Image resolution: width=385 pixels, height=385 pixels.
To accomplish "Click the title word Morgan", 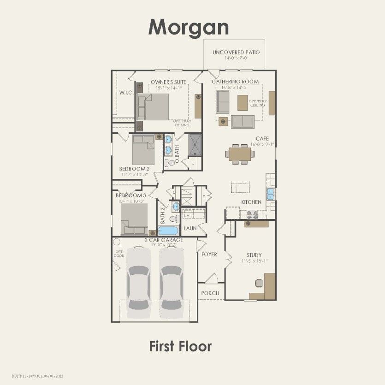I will (189, 27).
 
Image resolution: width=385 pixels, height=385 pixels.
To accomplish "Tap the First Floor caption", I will (180, 346).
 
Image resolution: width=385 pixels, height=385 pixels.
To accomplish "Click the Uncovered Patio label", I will (236, 53).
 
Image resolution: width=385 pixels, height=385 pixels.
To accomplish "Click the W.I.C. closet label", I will (126, 93).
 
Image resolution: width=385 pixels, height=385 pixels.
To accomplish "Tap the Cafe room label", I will (262, 138).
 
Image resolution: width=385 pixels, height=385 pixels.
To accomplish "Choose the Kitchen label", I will (251, 202).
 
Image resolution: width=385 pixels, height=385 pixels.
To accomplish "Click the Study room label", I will (254, 255).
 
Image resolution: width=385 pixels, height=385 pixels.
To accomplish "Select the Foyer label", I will (209, 255).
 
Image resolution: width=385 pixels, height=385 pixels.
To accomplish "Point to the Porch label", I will (210, 293).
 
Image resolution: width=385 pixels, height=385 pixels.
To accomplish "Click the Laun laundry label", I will (190, 228).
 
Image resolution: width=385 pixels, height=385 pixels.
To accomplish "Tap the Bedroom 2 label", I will (134, 169).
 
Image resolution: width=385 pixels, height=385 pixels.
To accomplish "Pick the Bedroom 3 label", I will (130, 195).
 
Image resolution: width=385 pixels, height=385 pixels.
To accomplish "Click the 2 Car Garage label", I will (164, 240).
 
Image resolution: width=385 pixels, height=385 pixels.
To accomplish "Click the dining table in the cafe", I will (240, 154).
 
